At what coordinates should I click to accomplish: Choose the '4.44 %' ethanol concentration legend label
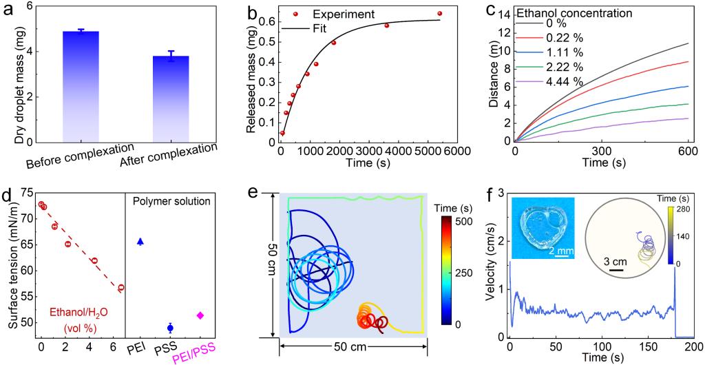pyautogui.click(x=563, y=82)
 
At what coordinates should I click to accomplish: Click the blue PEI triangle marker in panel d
pyautogui.click(x=140, y=241)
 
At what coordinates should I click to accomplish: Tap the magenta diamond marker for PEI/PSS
pyautogui.click(x=200, y=315)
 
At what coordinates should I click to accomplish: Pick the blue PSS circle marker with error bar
pyautogui.click(x=171, y=328)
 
